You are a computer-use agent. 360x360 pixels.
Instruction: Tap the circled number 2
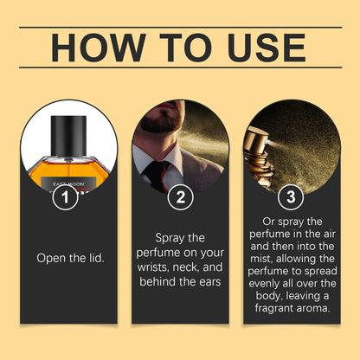pyautogui.click(x=180, y=197)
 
